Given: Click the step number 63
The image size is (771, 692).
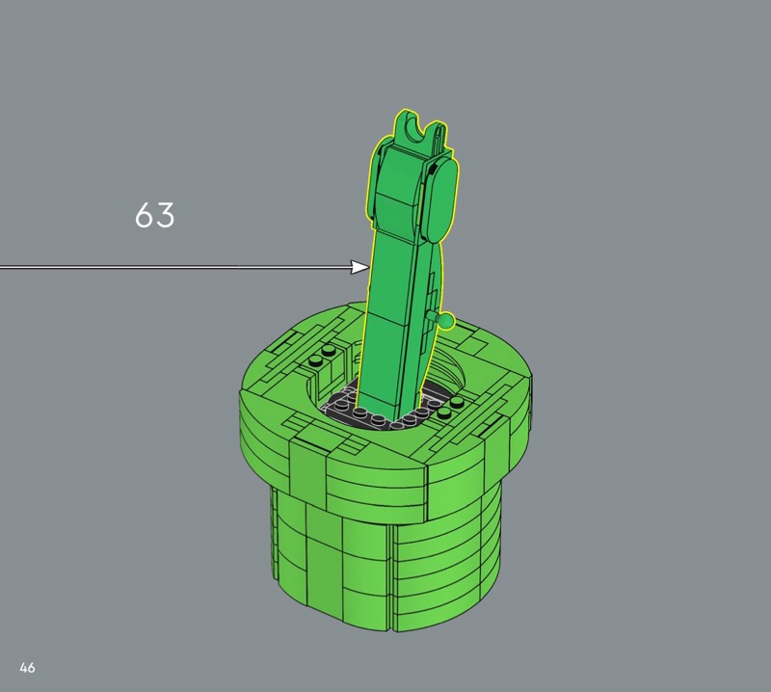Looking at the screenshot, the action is tap(155, 215).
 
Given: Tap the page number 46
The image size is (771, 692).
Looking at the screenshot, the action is tap(28, 667).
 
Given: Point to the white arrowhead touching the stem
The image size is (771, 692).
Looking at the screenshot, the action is tap(359, 267).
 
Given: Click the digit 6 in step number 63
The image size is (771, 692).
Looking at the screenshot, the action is tap(144, 215).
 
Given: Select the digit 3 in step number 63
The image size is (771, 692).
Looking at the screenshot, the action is tap(166, 215).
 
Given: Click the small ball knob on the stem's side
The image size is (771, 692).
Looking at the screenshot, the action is tap(446, 321).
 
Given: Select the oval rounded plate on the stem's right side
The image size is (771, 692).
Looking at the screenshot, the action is tap(443, 200).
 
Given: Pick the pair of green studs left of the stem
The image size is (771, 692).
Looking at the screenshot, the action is tap(321, 356).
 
